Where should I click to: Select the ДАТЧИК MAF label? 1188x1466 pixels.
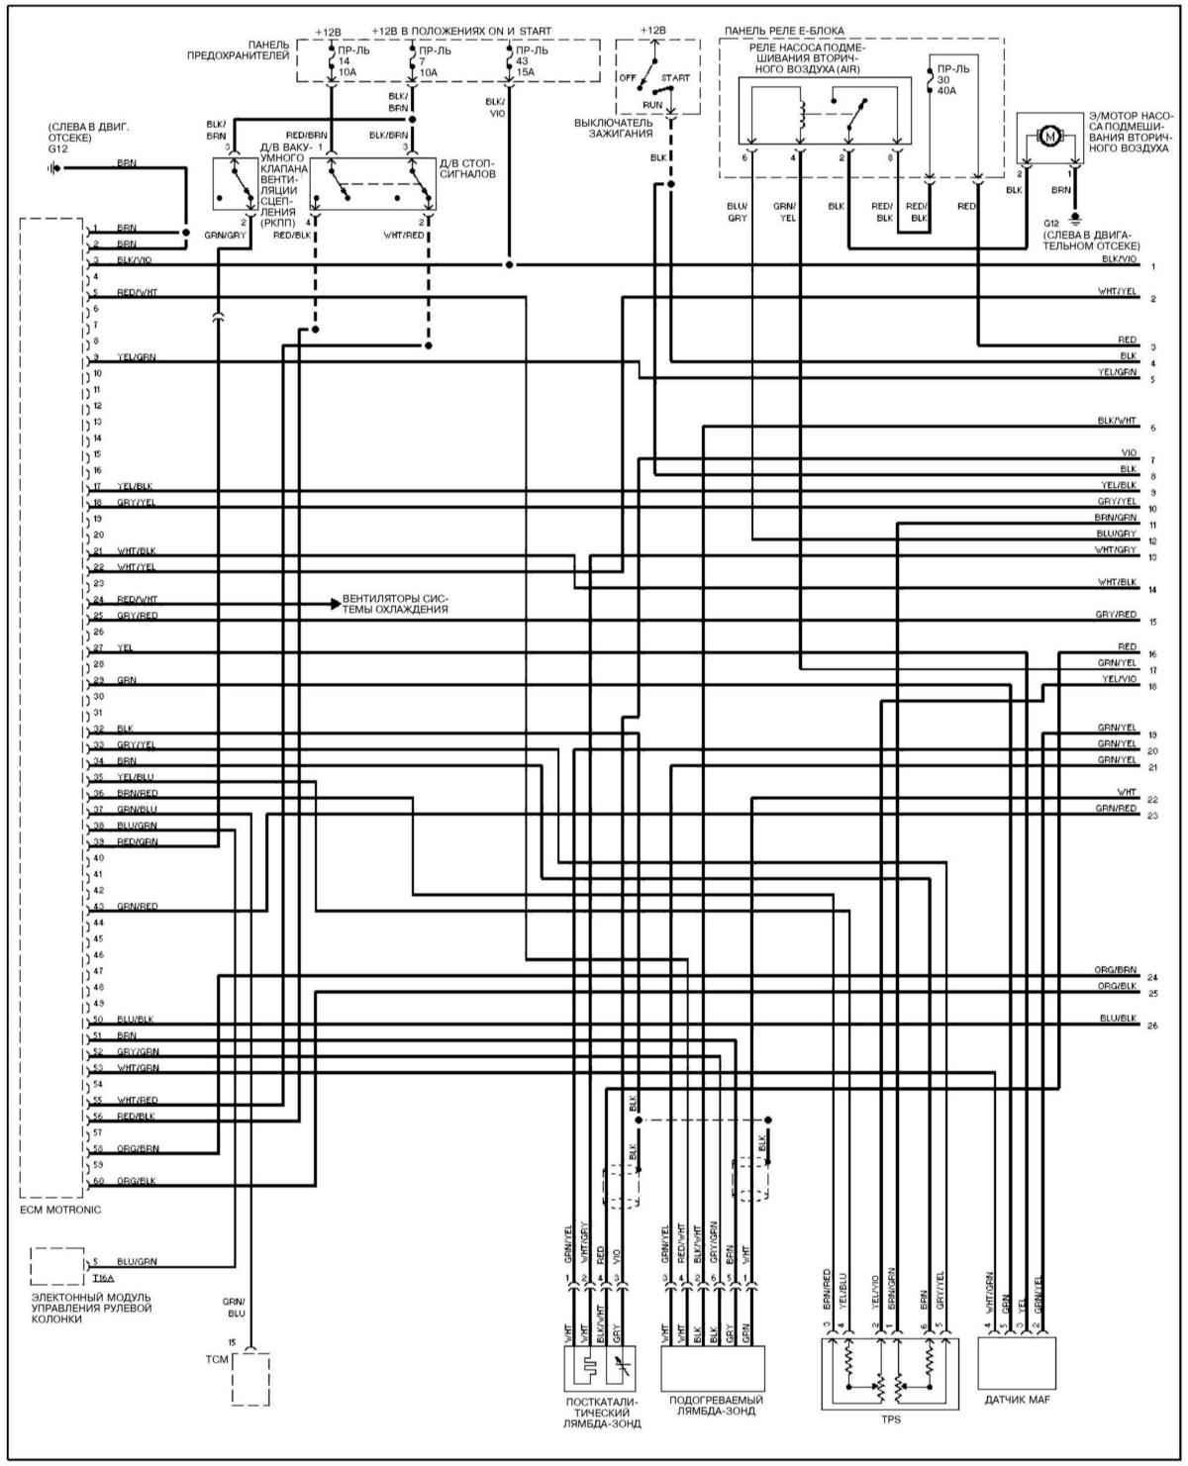1017,1401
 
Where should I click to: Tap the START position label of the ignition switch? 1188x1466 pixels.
676,77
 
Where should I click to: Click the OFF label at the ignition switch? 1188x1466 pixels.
626,77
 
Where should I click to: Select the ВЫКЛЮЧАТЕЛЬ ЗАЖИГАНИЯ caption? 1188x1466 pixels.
614,128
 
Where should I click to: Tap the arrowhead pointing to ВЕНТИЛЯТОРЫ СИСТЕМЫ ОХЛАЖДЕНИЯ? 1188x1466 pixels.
335,601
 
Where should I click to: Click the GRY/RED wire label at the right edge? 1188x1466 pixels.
1116,615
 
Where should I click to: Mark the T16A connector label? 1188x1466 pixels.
102,1278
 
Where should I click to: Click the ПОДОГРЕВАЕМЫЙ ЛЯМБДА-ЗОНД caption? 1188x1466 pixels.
715,1406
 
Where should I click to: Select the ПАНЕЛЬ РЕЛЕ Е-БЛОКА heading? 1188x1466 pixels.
784,32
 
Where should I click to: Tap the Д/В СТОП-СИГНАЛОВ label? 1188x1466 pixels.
464,168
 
